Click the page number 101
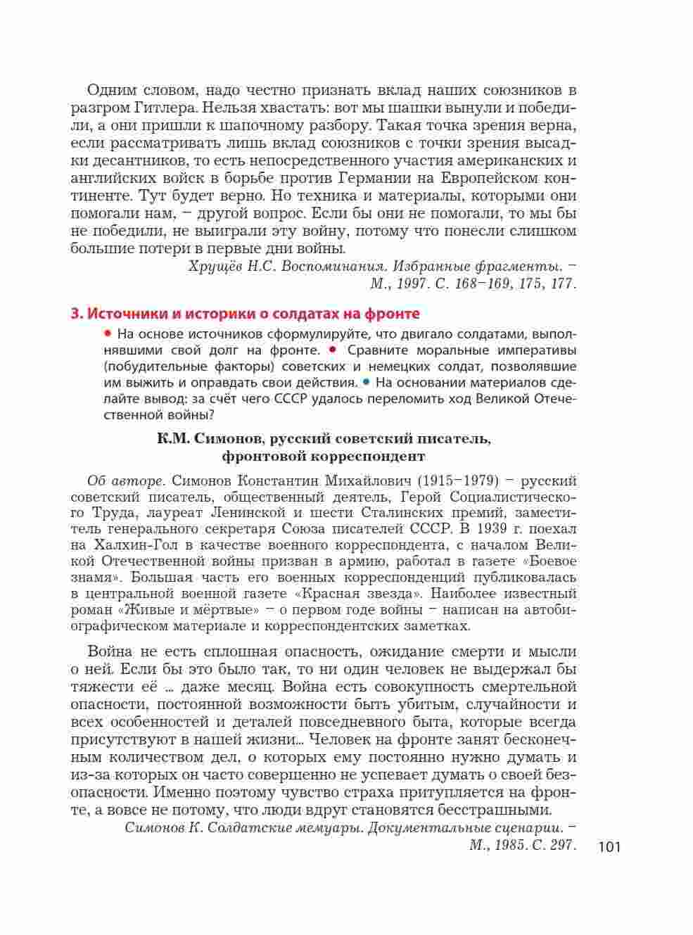[609, 847]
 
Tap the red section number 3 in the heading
[75, 313]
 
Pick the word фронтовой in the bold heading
[255, 456]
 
